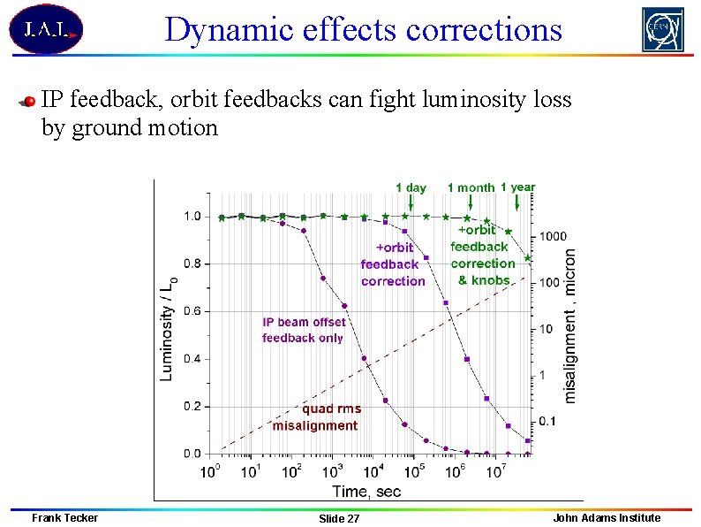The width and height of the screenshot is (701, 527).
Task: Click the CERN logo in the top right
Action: click(x=662, y=30)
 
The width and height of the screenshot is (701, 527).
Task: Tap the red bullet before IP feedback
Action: click(x=28, y=101)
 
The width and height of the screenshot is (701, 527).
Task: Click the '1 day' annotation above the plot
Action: click(x=411, y=187)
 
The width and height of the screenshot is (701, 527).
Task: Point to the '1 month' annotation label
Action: click(x=471, y=187)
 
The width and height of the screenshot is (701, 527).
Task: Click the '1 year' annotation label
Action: click(x=517, y=187)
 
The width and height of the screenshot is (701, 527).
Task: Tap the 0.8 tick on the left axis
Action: click(x=192, y=263)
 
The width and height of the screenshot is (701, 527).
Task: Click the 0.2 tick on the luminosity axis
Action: click(x=192, y=406)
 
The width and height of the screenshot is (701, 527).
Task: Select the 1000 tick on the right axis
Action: click(x=554, y=236)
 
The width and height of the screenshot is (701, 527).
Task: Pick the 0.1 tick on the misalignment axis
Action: click(x=548, y=422)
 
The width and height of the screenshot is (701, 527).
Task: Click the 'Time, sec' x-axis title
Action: click(x=366, y=491)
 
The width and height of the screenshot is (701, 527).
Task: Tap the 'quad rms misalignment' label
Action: click(x=316, y=417)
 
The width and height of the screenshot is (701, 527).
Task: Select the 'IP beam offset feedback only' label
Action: click(x=303, y=330)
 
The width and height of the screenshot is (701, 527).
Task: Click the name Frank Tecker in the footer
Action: click(x=64, y=517)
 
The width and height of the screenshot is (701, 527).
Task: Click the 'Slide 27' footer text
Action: click(x=339, y=518)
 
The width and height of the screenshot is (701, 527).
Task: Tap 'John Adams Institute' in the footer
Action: click(x=607, y=517)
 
